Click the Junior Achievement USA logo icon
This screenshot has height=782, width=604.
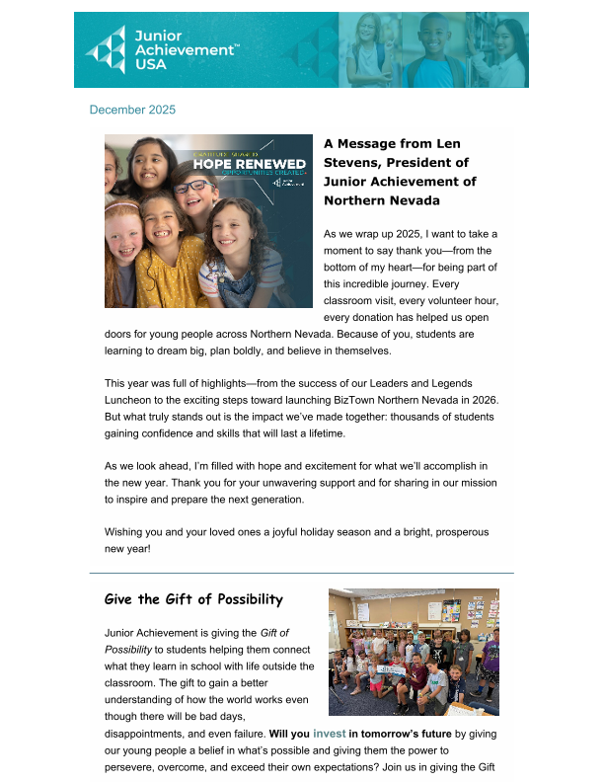pos(105,50)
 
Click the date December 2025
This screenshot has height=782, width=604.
pos(132,110)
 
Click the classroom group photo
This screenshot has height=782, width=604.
pos(414,653)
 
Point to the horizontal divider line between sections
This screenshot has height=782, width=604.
pos(302,573)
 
